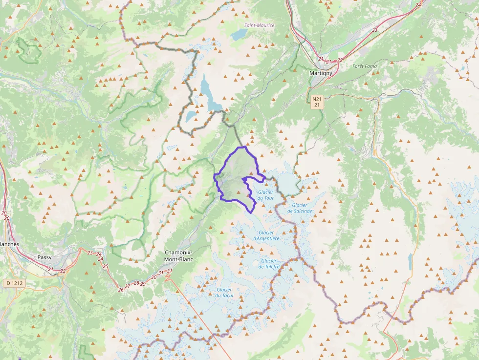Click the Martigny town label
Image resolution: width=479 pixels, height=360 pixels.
[x=321, y=73]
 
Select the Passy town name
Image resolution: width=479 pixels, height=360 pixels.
[x=44, y=257]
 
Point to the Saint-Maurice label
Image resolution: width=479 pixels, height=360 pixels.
[x=260, y=25]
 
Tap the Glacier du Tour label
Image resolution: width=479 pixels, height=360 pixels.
[x=265, y=195]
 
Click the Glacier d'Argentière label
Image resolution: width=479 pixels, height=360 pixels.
[x=266, y=235]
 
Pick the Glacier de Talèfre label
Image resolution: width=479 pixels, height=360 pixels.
[x=269, y=264]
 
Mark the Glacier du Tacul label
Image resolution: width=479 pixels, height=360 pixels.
[x=224, y=293]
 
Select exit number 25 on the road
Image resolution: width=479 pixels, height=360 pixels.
[x=106, y=266]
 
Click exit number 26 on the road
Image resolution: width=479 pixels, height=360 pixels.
[x=121, y=290]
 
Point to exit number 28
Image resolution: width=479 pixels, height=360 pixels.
[x=136, y=283]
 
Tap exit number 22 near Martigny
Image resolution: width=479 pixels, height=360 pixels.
[x=341, y=60]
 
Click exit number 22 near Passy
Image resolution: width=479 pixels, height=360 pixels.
[x=63, y=271]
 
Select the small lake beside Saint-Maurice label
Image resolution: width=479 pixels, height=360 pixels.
[x=239, y=34]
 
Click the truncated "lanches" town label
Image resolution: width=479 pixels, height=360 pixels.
[x=9, y=244]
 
